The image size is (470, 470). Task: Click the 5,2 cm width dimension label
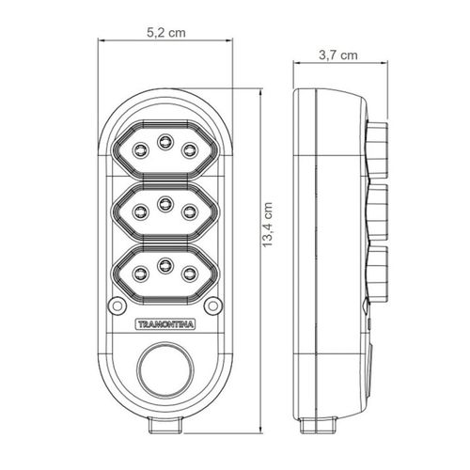pyautogui.click(x=166, y=33)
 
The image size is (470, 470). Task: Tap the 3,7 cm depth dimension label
pyautogui.click(x=338, y=55)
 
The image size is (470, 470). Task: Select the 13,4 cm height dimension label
pyautogui.click(x=268, y=225)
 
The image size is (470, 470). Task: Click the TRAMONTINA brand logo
pyautogui.click(x=165, y=324)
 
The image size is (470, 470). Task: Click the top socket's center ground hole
pyautogui.click(x=165, y=142)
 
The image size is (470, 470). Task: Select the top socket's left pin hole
pyautogui.click(x=140, y=150)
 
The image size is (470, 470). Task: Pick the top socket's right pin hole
pyautogui.click(x=190, y=150)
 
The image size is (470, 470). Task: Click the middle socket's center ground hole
pyautogui.click(x=165, y=204)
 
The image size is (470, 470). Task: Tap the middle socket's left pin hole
pyautogui.click(x=140, y=211)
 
